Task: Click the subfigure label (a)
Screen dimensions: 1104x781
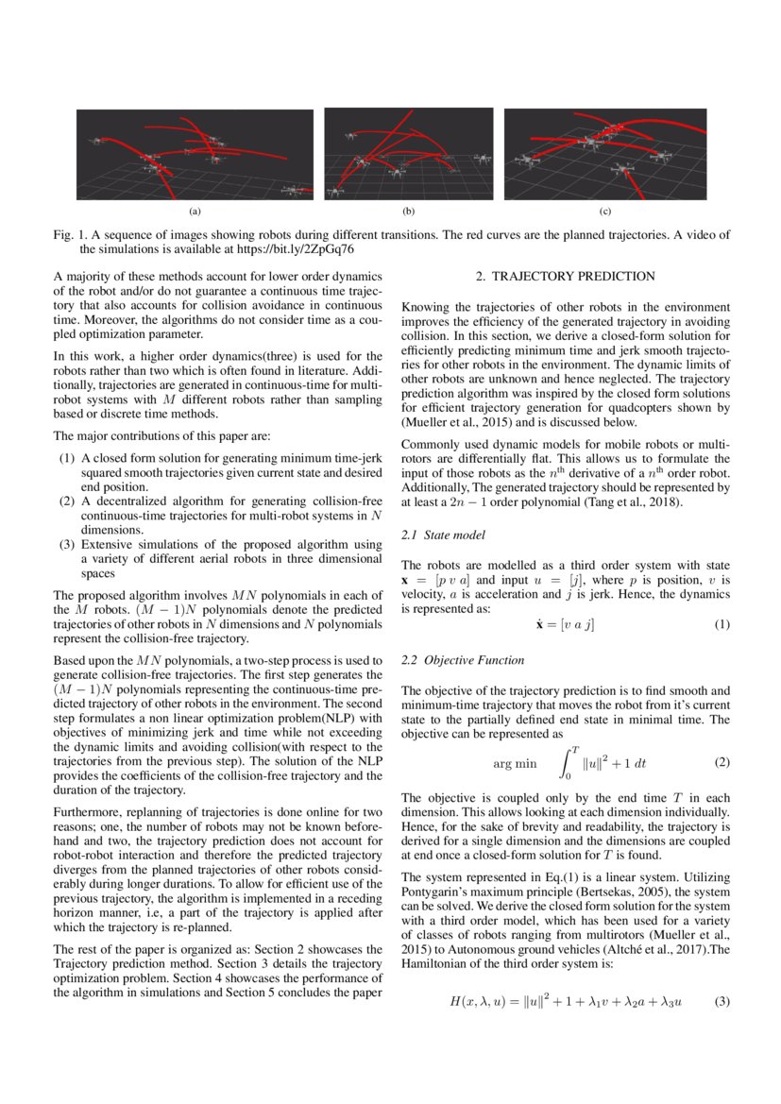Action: click(x=195, y=210)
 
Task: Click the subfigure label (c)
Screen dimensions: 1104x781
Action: click(x=605, y=210)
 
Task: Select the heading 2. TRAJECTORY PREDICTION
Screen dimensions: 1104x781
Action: click(x=565, y=277)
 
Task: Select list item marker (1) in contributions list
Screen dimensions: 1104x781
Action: click(x=67, y=457)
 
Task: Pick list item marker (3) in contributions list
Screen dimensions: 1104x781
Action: click(x=67, y=544)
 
